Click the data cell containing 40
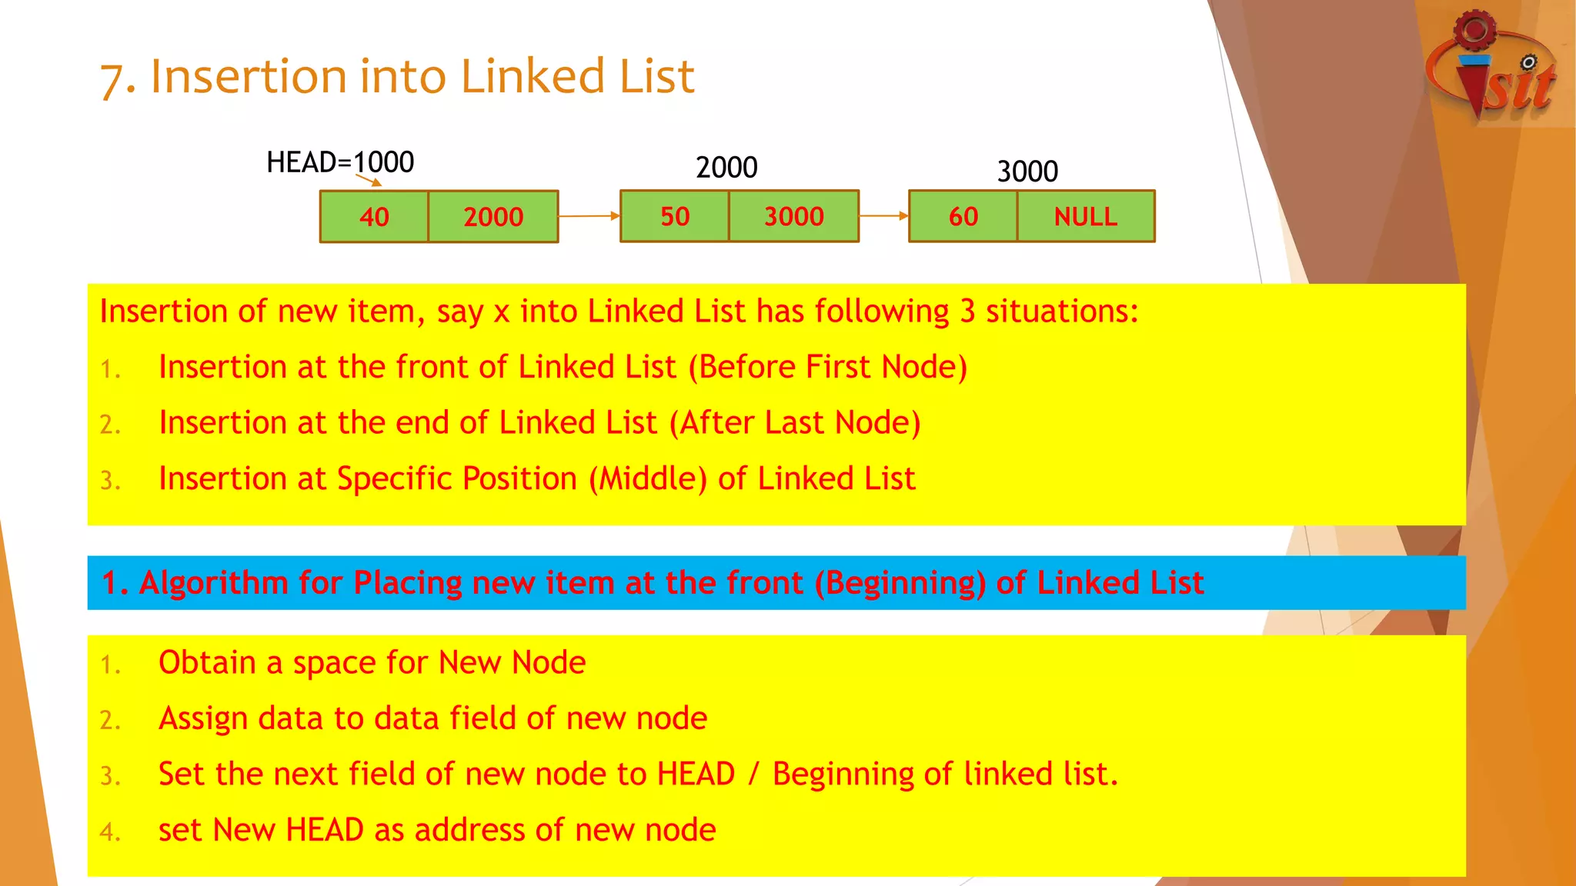(374, 217)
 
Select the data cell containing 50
(675, 217)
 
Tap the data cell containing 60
(963, 217)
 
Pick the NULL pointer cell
(1085, 217)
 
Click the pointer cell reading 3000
(793, 217)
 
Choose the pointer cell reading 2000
(493, 217)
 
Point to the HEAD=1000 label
(340, 162)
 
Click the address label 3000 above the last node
(1027, 171)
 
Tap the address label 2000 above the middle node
(726, 167)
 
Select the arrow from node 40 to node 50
(589, 216)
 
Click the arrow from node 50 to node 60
(883, 216)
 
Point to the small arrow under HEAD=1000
(369, 180)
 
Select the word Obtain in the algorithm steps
(207, 663)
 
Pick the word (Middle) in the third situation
(648, 479)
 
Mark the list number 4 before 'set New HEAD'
(110, 832)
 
